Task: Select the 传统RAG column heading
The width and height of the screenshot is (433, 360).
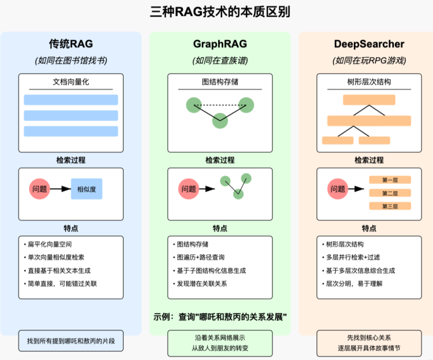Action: [71, 44]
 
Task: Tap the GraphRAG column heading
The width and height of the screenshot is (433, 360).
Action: [220, 44]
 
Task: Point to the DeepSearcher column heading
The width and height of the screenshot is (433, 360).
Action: [369, 44]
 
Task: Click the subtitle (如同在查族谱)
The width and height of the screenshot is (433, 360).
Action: [220, 60]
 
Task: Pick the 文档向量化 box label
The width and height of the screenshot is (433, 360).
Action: [71, 82]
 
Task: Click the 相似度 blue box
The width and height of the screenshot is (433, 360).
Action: [86, 189]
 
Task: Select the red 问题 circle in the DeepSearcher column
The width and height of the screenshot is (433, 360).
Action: [338, 189]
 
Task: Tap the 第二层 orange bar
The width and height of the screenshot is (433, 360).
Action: [390, 193]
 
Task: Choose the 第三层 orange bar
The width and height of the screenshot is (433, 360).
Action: [390, 206]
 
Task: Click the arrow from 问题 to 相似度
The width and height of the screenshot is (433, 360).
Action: [60, 189]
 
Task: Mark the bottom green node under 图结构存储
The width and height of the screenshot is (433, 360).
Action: [220, 121]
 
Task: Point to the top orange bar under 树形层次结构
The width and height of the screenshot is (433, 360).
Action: [369, 100]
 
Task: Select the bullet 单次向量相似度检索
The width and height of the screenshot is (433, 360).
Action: [56, 257]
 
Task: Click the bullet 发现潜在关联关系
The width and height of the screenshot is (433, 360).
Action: [202, 283]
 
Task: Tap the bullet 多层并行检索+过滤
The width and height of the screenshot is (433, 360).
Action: [353, 257]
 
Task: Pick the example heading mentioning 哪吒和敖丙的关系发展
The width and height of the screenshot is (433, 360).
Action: [220, 317]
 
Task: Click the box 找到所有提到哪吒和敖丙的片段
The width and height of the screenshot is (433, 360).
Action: [71, 341]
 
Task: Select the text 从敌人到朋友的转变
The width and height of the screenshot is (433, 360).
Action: [220, 348]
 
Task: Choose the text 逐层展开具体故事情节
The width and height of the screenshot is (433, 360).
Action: [369, 348]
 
